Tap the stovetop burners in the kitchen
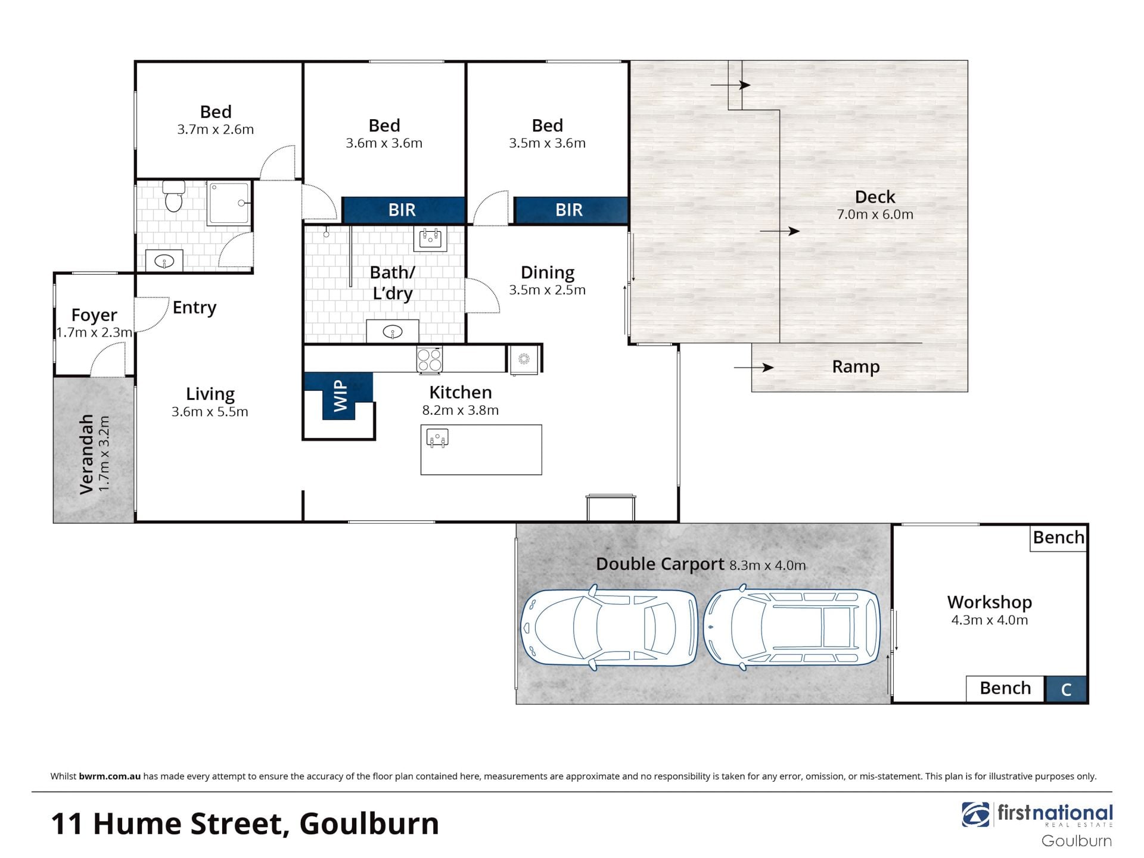(429, 360)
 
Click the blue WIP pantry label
(340, 396)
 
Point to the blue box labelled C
(1066, 689)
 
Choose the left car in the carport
(608, 627)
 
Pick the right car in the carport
(791, 627)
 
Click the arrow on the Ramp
(754, 368)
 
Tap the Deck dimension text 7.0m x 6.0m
(875, 214)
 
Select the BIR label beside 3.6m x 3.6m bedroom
(402, 210)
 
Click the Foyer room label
(94, 315)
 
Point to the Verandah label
(87, 454)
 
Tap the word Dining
(548, 273)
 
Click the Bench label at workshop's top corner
(1058, 537)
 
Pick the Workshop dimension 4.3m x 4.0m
(990, 620)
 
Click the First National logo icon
(975, 815)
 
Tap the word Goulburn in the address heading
(369, 824)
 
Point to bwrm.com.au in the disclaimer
(110, 776)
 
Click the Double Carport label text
(660, 564)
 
